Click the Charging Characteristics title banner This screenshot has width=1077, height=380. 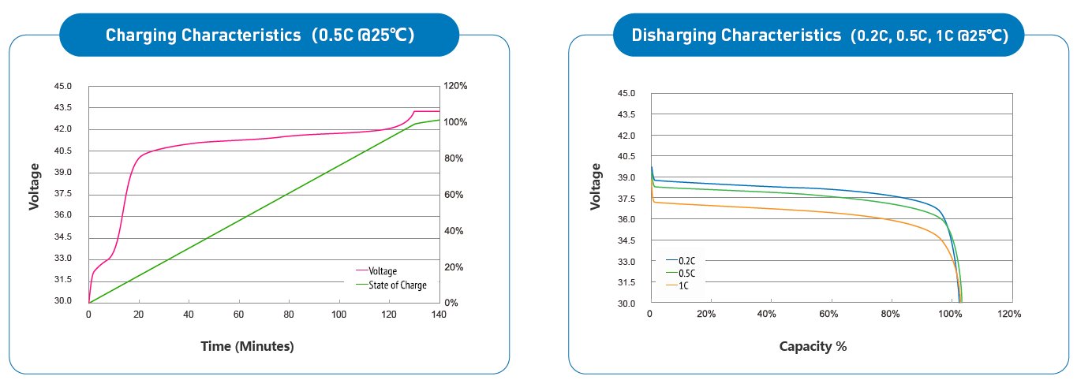point(260,35)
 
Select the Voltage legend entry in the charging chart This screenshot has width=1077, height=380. point(383,271)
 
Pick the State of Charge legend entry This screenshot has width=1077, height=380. point(398,285)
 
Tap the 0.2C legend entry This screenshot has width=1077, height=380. point(687,260)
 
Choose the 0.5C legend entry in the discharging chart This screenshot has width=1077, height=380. point(687,274)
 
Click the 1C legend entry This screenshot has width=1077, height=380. point(684,286)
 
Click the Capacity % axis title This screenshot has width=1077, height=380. point(813,346)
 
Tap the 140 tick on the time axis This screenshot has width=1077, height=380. point(439,315)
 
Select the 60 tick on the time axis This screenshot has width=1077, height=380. point(239,315)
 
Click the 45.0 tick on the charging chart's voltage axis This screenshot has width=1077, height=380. point(63,86)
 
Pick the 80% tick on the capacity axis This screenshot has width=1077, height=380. point(890,314)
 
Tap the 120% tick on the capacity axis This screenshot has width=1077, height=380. point(1010,314)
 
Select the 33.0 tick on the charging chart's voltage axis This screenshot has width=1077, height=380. point(63,259)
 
